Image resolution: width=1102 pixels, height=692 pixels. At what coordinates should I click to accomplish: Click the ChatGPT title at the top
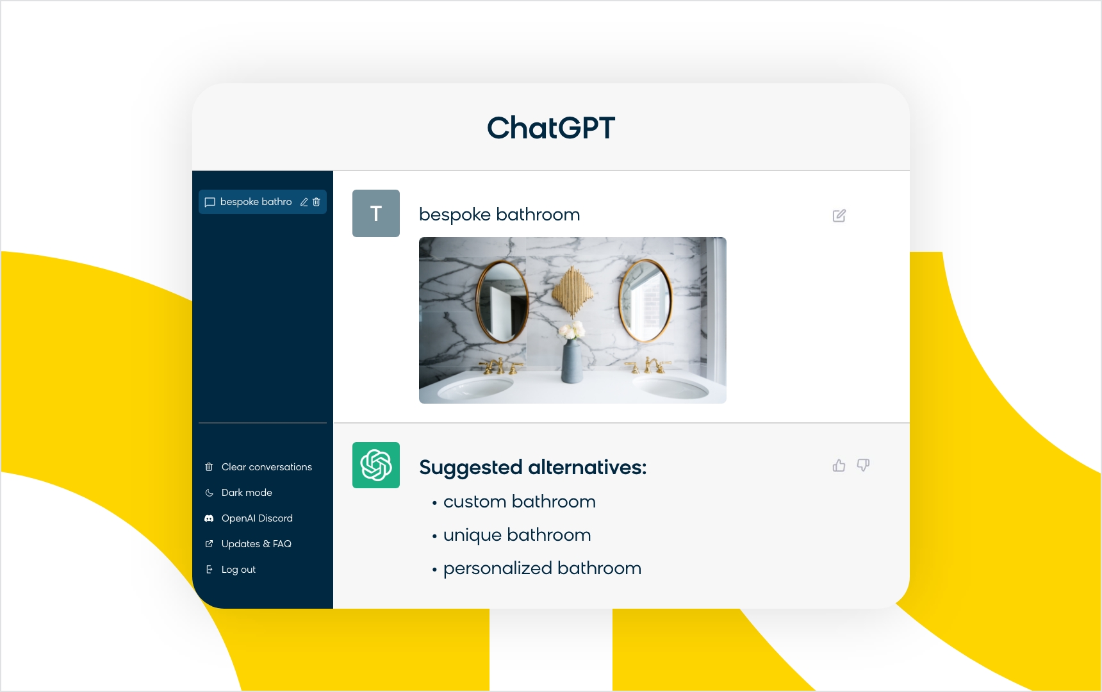point(551,128)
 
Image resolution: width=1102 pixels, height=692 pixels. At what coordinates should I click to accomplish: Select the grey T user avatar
point(376,213)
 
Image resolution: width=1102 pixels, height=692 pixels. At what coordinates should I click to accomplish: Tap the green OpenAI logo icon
point(376,465)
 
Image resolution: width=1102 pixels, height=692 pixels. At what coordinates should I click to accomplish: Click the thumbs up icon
point(839,465)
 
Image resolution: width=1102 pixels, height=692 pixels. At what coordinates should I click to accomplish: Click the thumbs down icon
point(863,465)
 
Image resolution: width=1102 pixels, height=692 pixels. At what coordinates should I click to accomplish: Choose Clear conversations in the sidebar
point(267,467)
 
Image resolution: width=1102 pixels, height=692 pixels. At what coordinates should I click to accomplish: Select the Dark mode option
point(247,493)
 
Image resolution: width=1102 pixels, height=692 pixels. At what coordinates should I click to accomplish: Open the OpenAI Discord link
point(257,518)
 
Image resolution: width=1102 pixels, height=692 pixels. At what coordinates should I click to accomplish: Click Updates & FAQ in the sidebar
point(256,544)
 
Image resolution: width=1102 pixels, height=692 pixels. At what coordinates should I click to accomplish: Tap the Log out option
point(238,570)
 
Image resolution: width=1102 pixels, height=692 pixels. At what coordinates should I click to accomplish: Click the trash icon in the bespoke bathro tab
point(317,202)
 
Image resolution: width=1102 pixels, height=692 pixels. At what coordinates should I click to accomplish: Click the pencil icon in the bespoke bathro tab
point(304,202)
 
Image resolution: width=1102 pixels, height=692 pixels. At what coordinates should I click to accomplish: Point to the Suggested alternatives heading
point(533,468)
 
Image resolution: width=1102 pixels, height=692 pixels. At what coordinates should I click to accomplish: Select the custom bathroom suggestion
point(520,502)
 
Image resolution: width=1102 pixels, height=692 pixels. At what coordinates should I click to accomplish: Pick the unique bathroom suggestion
point(517,535)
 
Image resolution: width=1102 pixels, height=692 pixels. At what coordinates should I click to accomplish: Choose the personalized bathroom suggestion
point(542,568)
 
